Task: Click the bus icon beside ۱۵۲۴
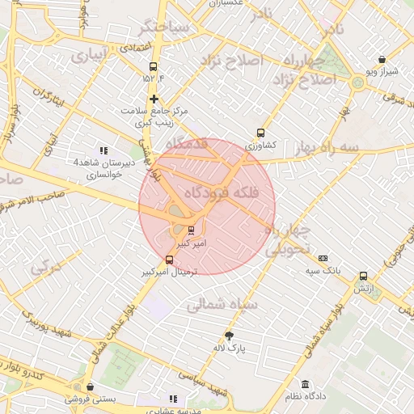tap(153, 67)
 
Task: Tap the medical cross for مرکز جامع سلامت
tap(153, 99)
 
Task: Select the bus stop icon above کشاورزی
tap(260, 133)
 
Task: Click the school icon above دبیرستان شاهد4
tap(103, 150)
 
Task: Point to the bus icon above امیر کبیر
tap(191, 230)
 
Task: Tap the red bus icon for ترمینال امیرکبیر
tap(169, 260)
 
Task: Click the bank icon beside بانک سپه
tap(323, 258)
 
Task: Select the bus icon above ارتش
tap(363, 276)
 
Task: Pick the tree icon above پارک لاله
tap(229, 336)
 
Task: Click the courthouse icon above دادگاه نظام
tap(305, 384)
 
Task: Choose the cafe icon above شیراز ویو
tap(382, 59)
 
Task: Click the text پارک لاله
tap(229, 349)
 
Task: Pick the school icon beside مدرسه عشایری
tap(172, 399)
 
